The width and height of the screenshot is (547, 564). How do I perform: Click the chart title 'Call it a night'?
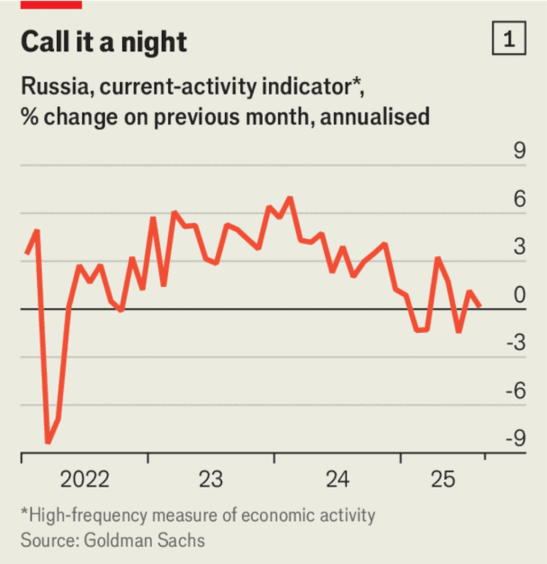point(104,42)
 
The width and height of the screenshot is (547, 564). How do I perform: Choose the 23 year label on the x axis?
point(211,479)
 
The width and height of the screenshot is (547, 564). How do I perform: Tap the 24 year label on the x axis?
point(338,479)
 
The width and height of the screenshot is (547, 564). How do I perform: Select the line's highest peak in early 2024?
point(290,198)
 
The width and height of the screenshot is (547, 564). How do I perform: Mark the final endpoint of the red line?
point(481,305)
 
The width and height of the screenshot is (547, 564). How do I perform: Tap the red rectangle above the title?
point(51,4)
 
